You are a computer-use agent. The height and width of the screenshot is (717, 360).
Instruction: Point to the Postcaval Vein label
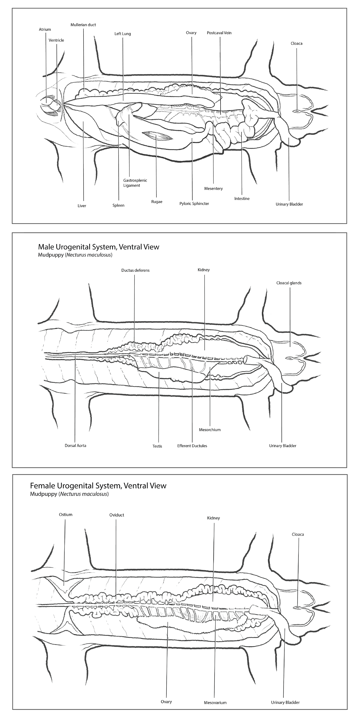219,33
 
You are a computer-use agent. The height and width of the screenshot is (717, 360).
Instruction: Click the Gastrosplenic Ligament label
135,183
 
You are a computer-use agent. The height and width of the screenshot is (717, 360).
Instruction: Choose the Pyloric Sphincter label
194,204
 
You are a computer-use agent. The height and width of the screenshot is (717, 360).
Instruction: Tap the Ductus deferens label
135,270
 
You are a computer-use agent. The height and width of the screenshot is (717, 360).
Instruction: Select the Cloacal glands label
289,283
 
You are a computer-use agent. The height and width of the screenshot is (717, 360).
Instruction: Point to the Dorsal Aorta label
75,445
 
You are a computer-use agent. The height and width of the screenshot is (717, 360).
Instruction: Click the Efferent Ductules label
192,446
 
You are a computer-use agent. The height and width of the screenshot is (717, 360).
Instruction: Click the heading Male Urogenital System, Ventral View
98,247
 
